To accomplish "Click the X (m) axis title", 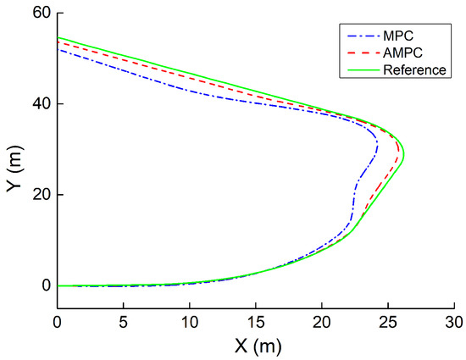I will pyautogui.click(x=254, y=346).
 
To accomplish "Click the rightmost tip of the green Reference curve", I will pyautogui.click(x=404, y=154).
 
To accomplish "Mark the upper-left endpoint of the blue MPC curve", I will pyautogui.click(x=58, y=49).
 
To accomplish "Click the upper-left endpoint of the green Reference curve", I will pyautogui.click(x=58, y=37).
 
